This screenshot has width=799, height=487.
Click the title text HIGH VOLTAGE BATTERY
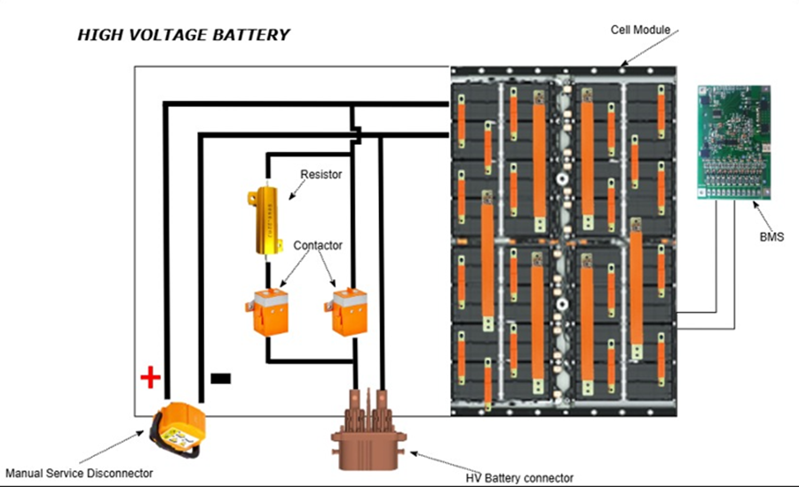point(183,36)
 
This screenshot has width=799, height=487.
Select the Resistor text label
point(320,175)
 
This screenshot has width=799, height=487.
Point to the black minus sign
point(220,379)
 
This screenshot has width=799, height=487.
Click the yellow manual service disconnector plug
point(177,428)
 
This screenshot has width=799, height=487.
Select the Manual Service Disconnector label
point(79,472)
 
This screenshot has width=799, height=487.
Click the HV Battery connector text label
point(519,477)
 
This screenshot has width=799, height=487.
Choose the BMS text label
point(771,237)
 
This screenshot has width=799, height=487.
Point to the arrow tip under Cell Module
point(621,66)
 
